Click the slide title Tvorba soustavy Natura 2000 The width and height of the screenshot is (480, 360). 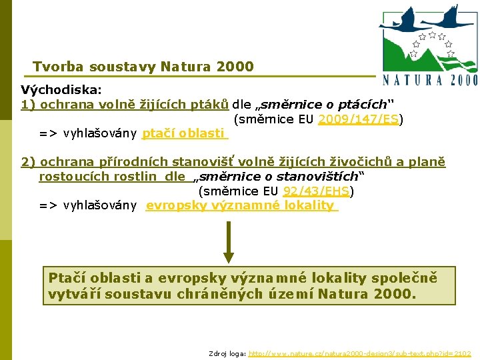click(x=143, y=67)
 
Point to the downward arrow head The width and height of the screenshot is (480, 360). click(x=229, y=256)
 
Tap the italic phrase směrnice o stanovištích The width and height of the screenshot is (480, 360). click(x=279, y=177)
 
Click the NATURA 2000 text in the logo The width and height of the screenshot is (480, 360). click(x=431, y=79)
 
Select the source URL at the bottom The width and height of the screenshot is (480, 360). click(x=360, y=353)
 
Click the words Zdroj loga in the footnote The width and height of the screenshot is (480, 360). click(x=227, y=353)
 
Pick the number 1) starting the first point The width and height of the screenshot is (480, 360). click(x=28, y=105)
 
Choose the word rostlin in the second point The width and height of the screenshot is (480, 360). click(x=137, y=177)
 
